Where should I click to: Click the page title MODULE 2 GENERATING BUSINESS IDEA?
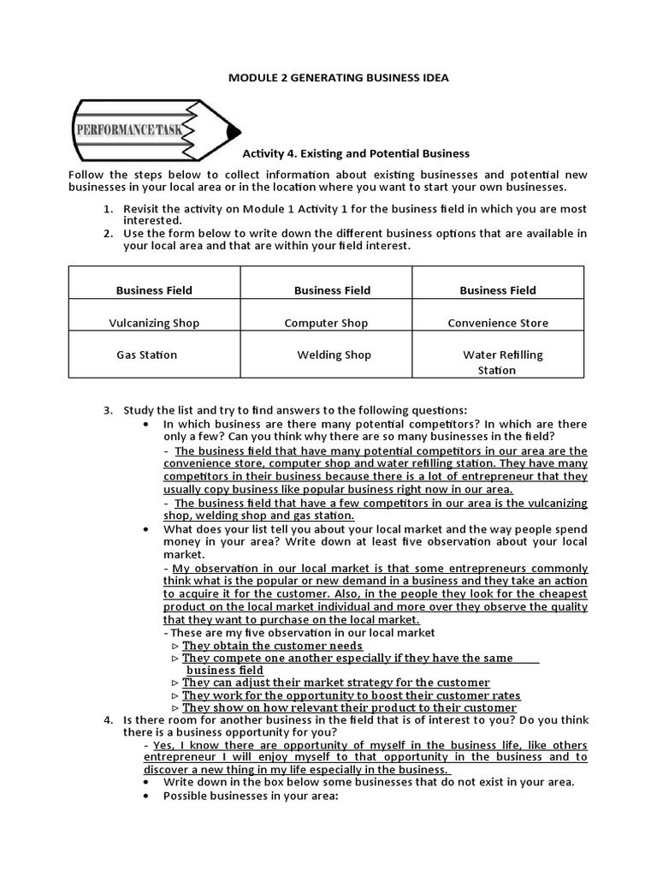338,78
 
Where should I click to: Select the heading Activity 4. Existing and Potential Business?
356,153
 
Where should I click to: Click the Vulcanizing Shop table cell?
154,323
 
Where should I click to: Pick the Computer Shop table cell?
326,323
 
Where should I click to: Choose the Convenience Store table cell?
498,323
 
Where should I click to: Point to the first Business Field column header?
154,290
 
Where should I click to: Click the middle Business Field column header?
332,290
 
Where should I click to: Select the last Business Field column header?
498,290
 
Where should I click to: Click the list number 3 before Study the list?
108,410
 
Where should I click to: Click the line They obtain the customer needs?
272,646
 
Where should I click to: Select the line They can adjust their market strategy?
335,683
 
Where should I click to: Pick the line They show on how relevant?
349,707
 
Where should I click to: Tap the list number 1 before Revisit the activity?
108,209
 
